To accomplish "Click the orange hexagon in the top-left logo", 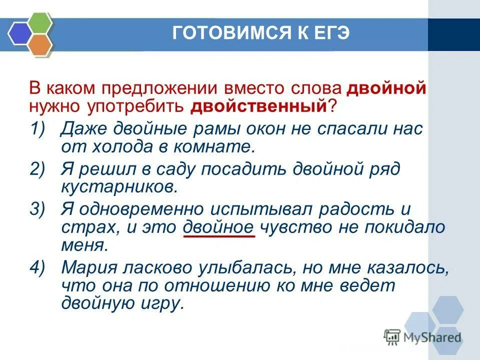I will pyautogui.click(x=40, y=45).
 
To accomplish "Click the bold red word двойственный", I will pyautogui.click(x=257, y=106).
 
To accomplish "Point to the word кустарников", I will pyautogui.click(x=118, y=186).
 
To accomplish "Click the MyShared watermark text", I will pyautogui.click(x=432, y=336).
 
